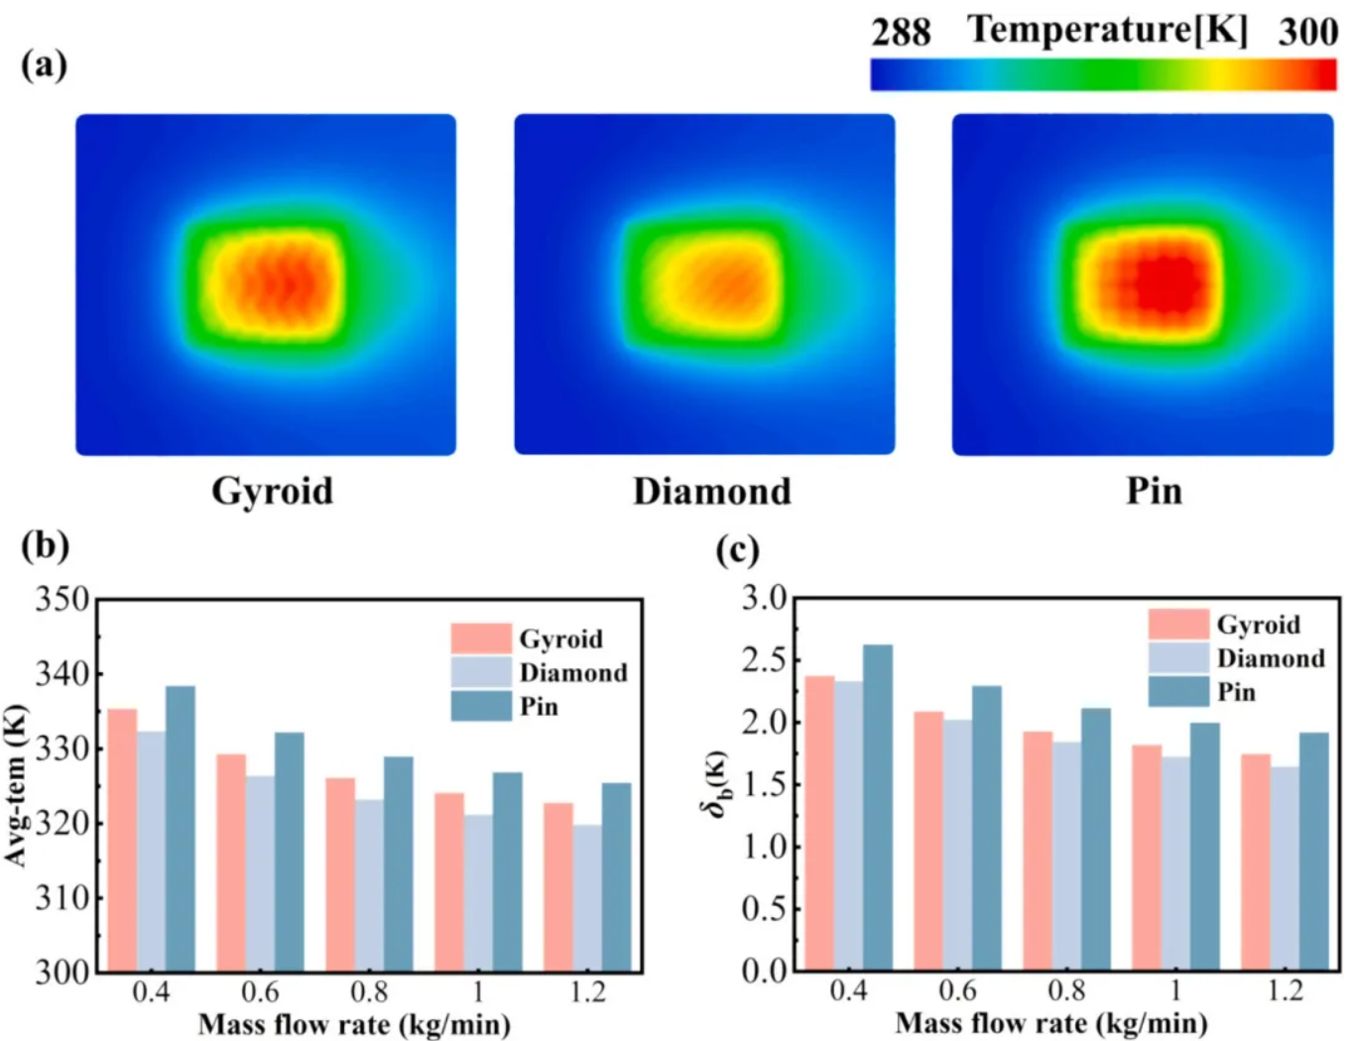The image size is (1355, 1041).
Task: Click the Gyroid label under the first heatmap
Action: (x=272, y=491)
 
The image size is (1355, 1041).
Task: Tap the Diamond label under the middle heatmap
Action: (x=711, y=491)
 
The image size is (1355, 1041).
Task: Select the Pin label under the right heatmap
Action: (x=1153, y=491)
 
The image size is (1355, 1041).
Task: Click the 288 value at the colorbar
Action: (x=901, y=33)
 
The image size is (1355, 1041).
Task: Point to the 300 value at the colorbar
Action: (x=1307, y=33)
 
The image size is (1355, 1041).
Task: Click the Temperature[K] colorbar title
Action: (x=1107, y=30)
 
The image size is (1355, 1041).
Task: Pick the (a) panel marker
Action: (x=44, y=64)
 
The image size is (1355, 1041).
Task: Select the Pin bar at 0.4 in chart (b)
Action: (x=181, y=828)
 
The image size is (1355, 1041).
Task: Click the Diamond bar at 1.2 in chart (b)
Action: (x=587, y=897)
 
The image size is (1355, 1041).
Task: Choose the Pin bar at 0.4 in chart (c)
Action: (x=878, y=807)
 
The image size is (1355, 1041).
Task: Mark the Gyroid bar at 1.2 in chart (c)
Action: (x=1256, y=862)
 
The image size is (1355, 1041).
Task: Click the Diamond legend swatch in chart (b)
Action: (x=481, y=672)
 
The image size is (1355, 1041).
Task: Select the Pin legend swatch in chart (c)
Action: (x=1178, y=691)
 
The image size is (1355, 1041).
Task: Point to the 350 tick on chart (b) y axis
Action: (x=62, y=600)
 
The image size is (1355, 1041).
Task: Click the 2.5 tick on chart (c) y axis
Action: (x=764, y=660)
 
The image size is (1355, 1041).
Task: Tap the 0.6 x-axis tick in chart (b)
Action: (x=260, y=991)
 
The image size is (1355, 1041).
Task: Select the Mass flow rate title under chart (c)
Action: (x=1051, y=1023)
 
